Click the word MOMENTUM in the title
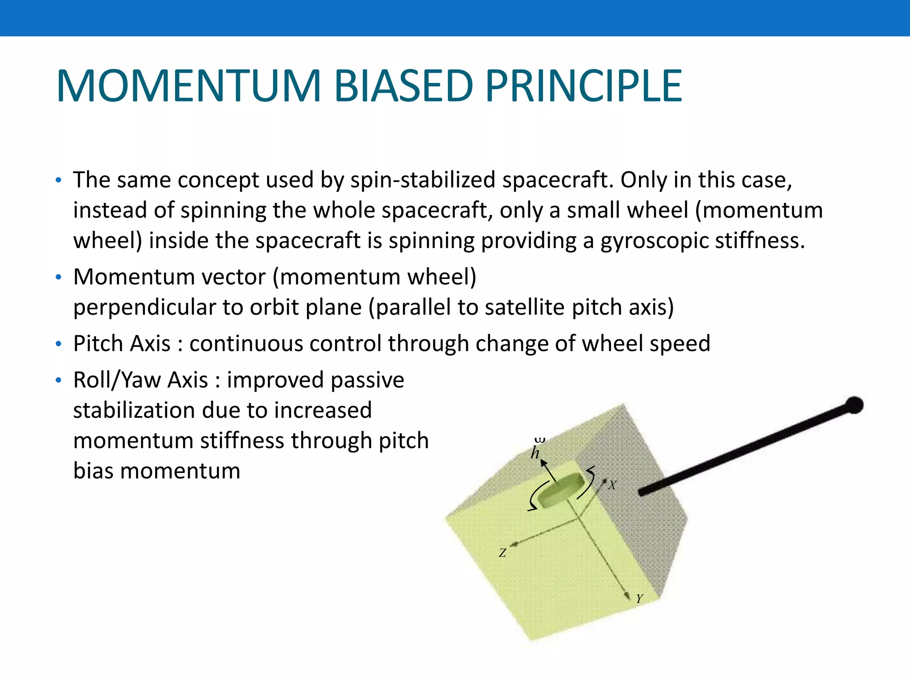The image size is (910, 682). click(x=188, y=86)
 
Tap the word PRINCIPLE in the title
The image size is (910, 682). click(x=583, y=86)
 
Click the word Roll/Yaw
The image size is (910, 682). click(x=117, y=381)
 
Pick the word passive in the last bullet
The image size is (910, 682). click(x=367, y=381)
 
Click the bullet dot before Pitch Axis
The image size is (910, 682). click(x=58, y=344)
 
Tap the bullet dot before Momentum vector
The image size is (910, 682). click(x=58, y=278)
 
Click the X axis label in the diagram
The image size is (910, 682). click(x=612, y=485)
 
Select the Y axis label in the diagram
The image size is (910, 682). click(x=639, y=599)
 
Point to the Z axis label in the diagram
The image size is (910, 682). click(x=503, y=553)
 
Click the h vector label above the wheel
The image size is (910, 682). click(x=535, y=452)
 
